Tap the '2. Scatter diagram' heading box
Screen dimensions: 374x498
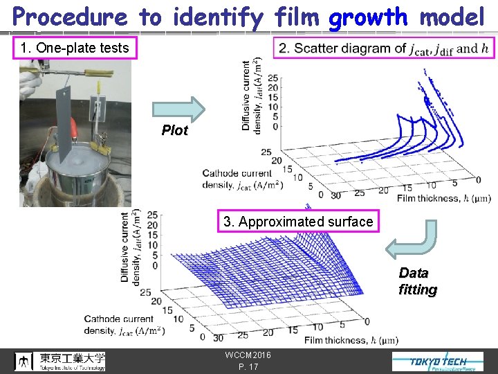click(x=383, y=48)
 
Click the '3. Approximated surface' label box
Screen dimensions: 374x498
click(x=298, y=222)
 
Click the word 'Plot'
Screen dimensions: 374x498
click(x=175, y=130)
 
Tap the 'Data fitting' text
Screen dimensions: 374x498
click(x=417, y=281)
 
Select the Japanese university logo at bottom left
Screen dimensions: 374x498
click(x=61, y=361)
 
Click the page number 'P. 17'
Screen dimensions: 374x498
click(x=248, y=366)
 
